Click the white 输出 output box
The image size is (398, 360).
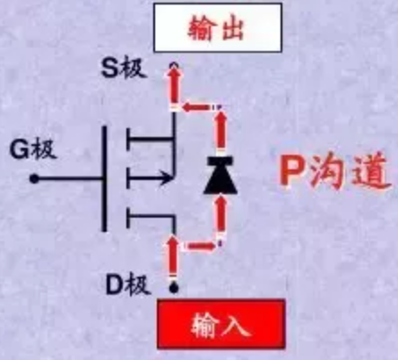pos(218,28)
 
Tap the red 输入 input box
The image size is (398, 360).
pos(221,324)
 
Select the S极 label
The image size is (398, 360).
pos(124,68)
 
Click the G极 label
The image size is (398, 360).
pos(33,149)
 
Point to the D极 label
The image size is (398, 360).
pos(128,285)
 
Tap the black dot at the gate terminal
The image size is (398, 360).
pos(34,179)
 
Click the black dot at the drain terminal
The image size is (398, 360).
pos(174,288)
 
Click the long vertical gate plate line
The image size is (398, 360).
pos(104,178)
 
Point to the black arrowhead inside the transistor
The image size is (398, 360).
pos(166,178)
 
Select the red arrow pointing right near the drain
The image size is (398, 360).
pos(201,246)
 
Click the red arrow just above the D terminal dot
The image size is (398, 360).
pos(173,256)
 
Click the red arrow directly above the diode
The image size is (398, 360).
pos(221,129)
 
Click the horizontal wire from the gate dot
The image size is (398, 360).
pos(69,179)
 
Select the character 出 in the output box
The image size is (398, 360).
pos(232,28)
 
